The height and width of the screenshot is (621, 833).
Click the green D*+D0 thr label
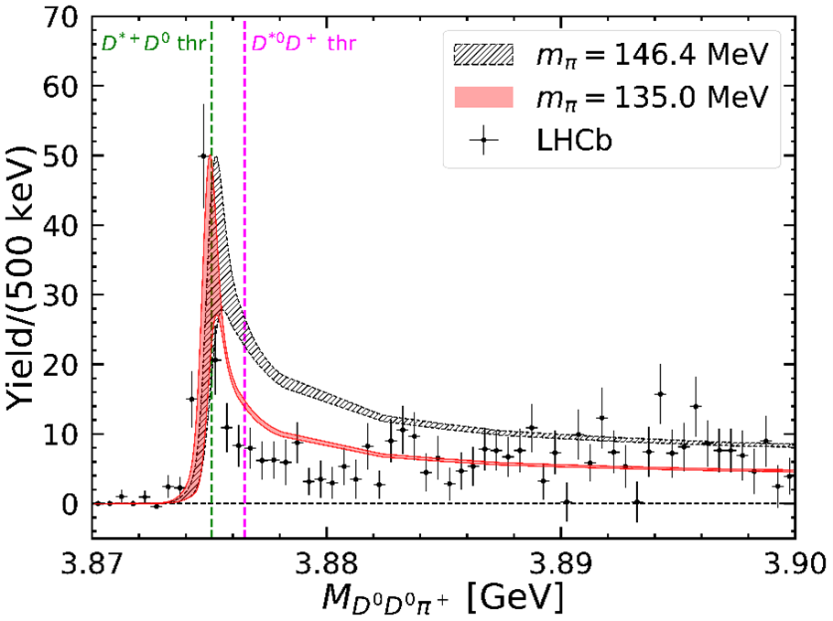(151, 41)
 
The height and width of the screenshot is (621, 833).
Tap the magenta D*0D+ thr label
(298, 41)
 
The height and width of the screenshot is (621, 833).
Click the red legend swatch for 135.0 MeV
(482, 96)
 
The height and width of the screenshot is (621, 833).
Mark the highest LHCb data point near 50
(203, 155)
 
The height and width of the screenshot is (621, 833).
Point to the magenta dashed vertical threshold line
(244, 274)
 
